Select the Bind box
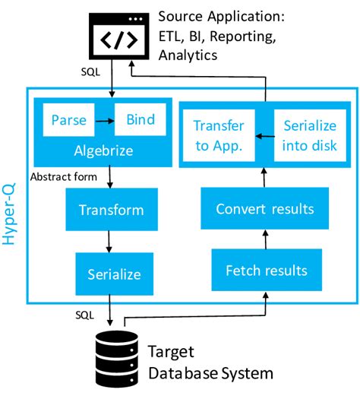(x=140, y=120)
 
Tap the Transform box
(x=112, y=210)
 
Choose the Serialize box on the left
(x=112, y=272)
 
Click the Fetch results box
(x=261, y=271)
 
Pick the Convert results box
(x=261, y=209)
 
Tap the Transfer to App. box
(x=218, y=135)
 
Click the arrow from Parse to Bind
(x=103, y=120)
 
